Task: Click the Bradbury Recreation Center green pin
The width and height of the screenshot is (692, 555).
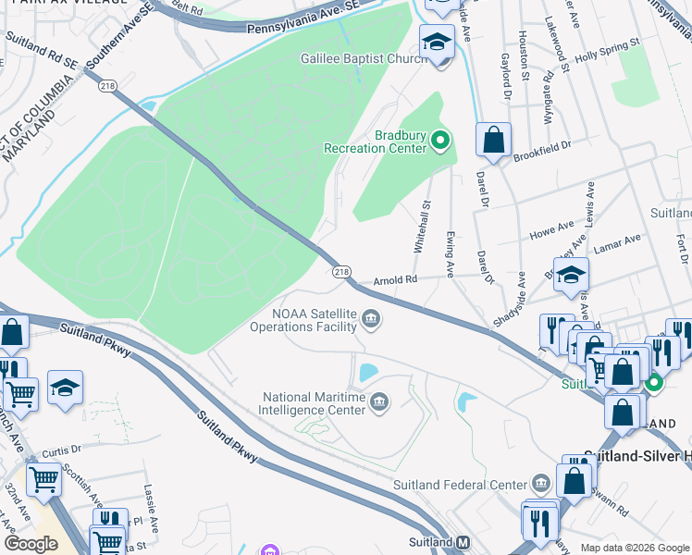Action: coord(440,142)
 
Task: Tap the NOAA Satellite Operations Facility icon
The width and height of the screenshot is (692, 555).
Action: coord(371,320)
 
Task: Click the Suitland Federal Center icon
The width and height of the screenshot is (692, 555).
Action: coord(540,484)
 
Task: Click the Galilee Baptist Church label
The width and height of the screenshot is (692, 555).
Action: coord(362,58)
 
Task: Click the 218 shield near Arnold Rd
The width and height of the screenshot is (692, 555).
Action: coord(341,271)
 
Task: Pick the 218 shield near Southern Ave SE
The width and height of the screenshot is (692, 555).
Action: coord(108,85)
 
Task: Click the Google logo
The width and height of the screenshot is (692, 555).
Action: coord(31,544)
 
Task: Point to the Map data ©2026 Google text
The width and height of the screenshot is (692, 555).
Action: coord(635,548)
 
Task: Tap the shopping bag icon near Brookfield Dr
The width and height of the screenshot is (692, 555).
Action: coord(495,141)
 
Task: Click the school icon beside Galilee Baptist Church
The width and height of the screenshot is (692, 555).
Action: coord(436,42)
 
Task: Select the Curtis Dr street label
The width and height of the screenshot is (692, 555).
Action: coord(63,450)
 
